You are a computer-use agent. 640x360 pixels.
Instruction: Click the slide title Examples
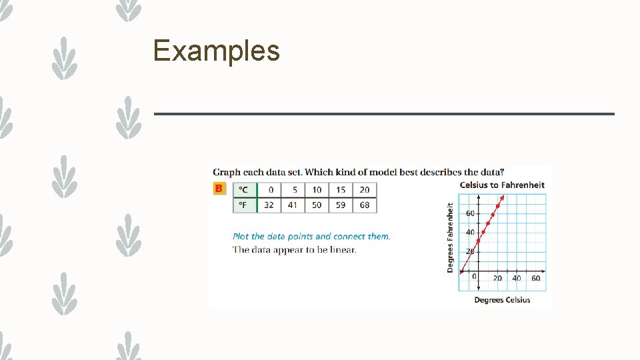pyautogui.click(x=216, y=51)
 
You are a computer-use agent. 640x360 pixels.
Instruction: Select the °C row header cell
pyautogui.click(x=243, y=190)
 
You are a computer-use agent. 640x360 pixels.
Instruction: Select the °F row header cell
pyautogui.click(x=243, y=205)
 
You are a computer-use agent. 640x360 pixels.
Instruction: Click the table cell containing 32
pyautogui.click(x=269, y=205)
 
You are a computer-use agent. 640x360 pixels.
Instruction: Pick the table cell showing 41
pyautogui.click(x=293, y=205)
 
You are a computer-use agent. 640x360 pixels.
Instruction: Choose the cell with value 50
pyautogui.click(x=317, y=205)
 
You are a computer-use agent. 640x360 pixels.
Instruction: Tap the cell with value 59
pyautogui.click(x=341, y=205)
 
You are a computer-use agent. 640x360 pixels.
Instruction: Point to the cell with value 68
pyautogui.click(x=365, y=205)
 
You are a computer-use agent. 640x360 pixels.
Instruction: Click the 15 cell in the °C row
pyautogui.click(x=341, y=190)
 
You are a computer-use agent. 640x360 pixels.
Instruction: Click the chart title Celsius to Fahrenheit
pyautogui.click(x=502, y=185)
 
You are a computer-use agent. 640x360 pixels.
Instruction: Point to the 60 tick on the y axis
pyautogui.click(x=470, y=213)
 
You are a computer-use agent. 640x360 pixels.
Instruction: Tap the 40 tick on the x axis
pyautogui.click(x=517, y=278)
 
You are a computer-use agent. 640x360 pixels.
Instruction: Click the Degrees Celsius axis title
pyautogui.click(x=502, y=300)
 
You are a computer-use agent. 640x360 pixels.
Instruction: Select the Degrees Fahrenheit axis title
pyautogui.click(x=450, y=237)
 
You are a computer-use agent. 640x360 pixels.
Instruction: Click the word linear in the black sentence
pyautogui.click(x=344, y=250)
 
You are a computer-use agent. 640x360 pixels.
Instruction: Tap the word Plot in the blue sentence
pyautogui.click(x=241, y=236)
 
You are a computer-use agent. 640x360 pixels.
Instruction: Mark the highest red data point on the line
pyautogui.click(x=498, y=206)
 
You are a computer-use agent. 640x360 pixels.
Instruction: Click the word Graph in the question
pyautogui.click(x=227, y=172)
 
